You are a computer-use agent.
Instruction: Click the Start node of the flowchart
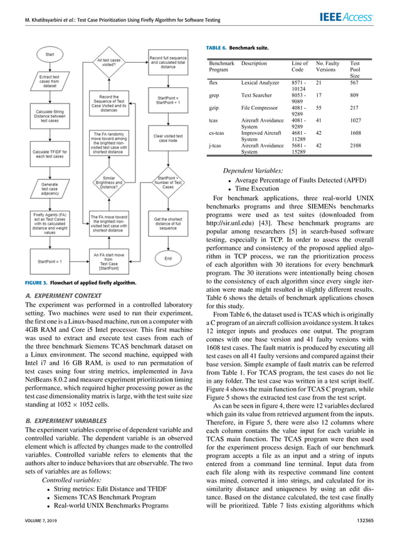(x=50, y=55)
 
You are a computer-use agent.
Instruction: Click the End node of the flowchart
(x=167, y=258)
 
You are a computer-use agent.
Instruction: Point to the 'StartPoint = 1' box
(x=50, y=260)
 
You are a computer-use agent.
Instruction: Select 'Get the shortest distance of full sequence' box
(x=167, y=223)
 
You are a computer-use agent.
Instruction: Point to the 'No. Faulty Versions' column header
(x=329, y=67)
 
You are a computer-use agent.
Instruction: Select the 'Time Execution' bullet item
(x=258, y=188)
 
